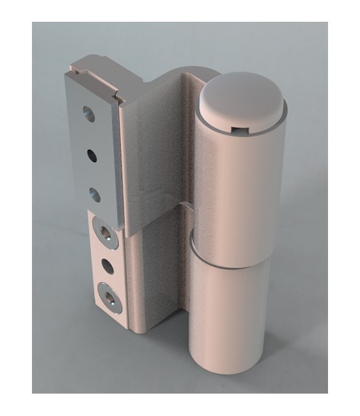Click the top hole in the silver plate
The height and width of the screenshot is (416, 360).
[88, 115]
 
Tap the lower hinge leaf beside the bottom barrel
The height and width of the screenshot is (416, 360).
[160, 282]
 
